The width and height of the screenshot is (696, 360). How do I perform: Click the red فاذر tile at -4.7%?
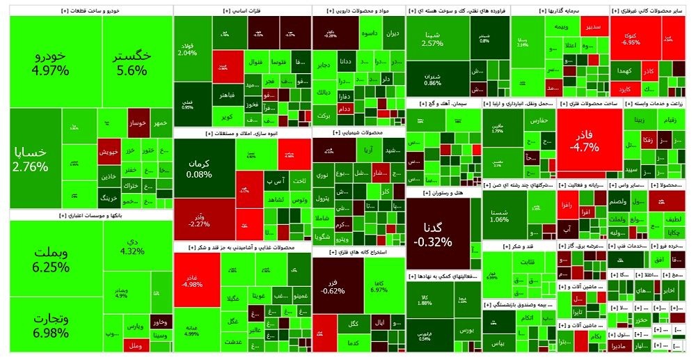pos(583,139)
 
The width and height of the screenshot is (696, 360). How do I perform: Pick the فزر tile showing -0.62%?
pos(333,285)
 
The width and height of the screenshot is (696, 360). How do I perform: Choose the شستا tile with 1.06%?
pos(499,214)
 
